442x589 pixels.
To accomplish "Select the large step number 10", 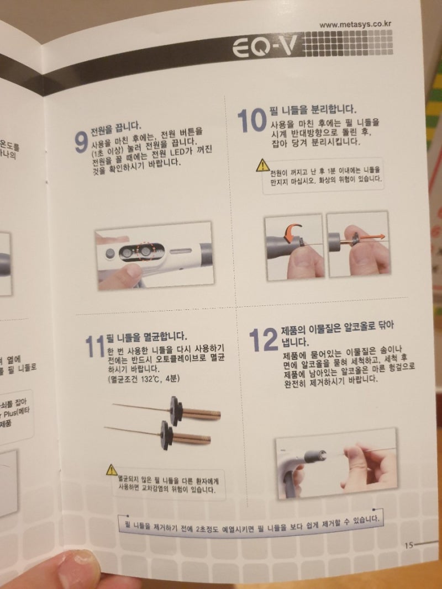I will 251,120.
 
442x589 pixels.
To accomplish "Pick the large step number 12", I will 262,340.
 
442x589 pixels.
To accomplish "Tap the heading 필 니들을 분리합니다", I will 312,108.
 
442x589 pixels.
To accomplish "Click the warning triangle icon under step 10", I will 262,165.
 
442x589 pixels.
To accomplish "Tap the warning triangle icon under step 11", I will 112,470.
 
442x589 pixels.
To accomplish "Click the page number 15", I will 408,545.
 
